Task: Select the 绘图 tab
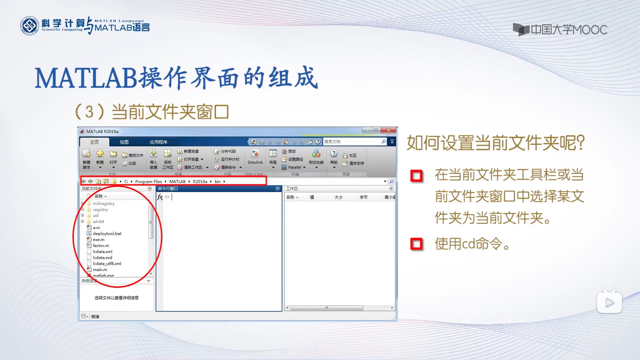tap(124, 142)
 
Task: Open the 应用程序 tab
tap(158, 142)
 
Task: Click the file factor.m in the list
tap(101, 246)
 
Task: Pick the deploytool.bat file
tap(107, 234)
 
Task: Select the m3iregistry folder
tap(104, 204)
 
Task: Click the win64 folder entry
tap(98, 222)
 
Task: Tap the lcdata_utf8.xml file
tap(107, 264)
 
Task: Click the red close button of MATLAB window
tap(388, 130)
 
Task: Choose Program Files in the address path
tap(148, 182)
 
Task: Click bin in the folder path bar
tap(218, 182)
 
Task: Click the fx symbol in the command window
tap(160, 197)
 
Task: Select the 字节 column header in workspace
tap(363, 197)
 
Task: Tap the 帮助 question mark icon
tap(334, 153)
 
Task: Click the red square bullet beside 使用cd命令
tap(416, 244)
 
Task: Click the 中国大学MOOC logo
tap(560, 30)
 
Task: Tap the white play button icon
tap(609, 303)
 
